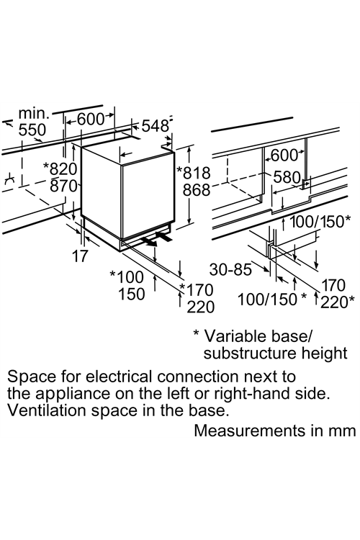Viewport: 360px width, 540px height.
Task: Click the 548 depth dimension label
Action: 155,126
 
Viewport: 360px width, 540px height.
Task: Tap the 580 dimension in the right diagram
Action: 287,177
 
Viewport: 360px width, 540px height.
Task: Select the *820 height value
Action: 60,169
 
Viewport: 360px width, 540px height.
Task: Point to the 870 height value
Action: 64,186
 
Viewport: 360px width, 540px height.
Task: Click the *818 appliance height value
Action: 193,173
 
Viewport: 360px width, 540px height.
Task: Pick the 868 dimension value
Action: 197,190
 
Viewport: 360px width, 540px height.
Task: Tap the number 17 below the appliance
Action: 80,256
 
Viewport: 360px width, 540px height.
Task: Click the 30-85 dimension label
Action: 230,270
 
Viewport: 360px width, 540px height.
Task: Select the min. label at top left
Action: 34,113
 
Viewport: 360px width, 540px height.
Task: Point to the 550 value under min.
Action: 32,130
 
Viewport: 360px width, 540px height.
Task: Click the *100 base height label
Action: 127,277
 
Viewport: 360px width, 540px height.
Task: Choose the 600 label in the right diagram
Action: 284,156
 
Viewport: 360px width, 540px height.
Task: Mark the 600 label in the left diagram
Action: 90,119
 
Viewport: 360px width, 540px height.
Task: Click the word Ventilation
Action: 47,410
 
